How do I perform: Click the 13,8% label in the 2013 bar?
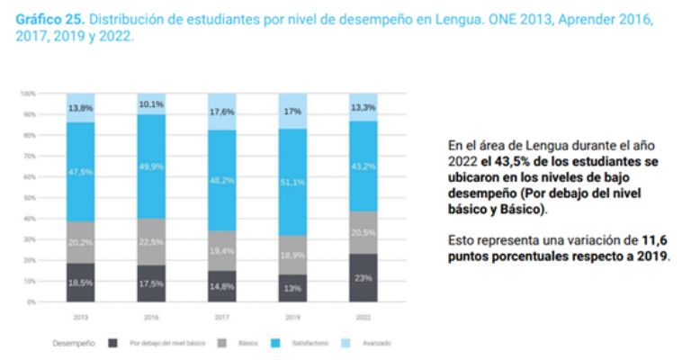click(80, 108)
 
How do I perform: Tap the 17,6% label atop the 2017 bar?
click(221, 112)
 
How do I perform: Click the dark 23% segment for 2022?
click(363, 278)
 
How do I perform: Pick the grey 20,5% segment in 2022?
click(363, 232)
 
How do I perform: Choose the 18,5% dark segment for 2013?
click(80, 282)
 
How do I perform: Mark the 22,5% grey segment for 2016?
click(151, 240)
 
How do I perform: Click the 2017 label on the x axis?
click(221, 316)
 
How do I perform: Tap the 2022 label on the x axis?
click(363, 316)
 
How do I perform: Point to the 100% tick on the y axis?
click(28, 94)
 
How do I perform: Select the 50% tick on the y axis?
click(29, 197)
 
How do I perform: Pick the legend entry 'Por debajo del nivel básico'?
click(166, 343)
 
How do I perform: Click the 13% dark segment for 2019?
click(292, 288)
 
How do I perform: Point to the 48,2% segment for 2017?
click(221, 179)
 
